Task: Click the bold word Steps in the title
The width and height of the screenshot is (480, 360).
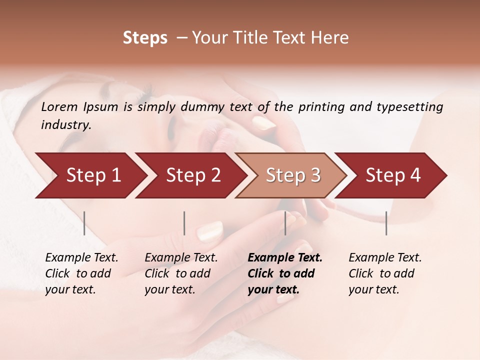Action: click(145, 38)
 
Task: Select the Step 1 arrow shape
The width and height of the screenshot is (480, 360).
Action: click(93, 175)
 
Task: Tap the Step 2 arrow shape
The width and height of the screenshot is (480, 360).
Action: click(193, 175)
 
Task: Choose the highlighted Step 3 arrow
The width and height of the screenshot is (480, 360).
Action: click(293, 175)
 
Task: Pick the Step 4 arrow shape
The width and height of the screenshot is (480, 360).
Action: click(393, 175)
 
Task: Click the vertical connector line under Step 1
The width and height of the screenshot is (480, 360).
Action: click(84, 223)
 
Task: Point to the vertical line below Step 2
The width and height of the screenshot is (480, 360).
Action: click(184, 223)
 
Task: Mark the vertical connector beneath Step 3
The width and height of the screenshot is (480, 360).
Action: click(285, 223)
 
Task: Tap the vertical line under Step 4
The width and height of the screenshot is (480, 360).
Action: click(386, 223)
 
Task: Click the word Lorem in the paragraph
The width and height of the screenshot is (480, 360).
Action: click(59, 106)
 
